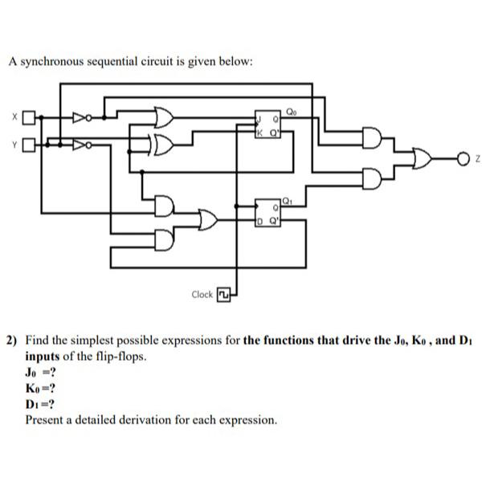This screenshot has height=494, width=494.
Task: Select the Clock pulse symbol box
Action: tap(224, 294)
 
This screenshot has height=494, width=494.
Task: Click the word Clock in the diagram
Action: tap(202, 295)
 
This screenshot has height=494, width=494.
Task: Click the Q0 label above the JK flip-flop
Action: tap(289, 102)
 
